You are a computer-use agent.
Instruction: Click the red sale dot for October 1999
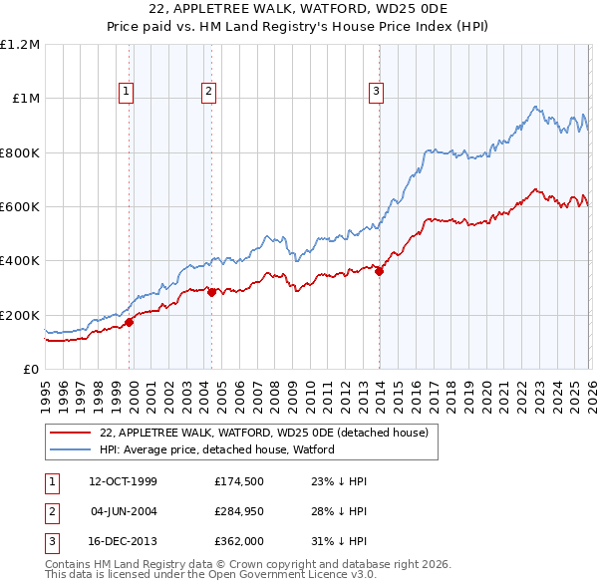(x=130, y=322)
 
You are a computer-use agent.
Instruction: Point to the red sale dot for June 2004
(x=211, y=293)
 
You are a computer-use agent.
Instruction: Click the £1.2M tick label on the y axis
(x=20, y=45)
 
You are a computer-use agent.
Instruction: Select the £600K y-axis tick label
(x=20, y=207)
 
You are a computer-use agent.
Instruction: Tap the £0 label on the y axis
(x=30, y=369)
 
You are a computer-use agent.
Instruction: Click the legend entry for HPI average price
(x=217, y=449)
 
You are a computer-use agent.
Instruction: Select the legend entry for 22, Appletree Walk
(x=264, y=434)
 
